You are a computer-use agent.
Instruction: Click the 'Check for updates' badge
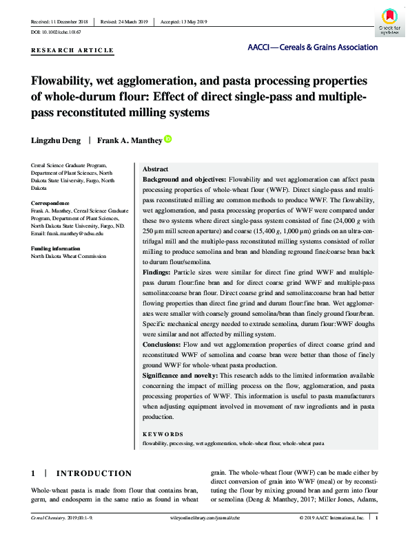389,21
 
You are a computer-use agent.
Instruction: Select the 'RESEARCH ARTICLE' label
72,51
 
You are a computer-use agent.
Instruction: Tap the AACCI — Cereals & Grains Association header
312,47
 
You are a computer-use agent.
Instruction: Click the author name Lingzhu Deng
57,140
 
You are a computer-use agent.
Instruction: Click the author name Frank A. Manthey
129,140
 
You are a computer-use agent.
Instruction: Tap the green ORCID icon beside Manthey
167,139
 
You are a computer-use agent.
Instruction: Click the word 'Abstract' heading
155,169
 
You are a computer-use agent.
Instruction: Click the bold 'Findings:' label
159,273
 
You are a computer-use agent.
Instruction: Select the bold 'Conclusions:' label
166,343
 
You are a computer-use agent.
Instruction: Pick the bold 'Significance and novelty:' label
179,376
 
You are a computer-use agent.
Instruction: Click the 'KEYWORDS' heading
163,434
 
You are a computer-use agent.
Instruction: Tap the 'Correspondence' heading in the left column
50,204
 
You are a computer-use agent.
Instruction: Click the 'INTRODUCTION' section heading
93,473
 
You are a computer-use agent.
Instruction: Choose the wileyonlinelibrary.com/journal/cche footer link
205,517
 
